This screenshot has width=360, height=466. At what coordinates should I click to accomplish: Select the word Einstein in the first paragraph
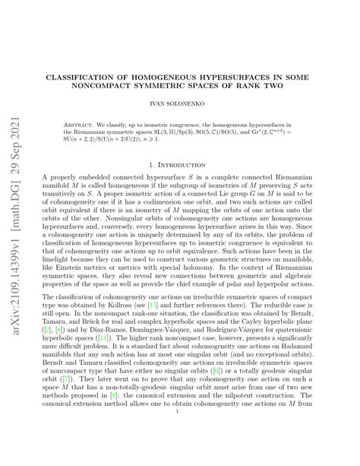click(74, 267)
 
